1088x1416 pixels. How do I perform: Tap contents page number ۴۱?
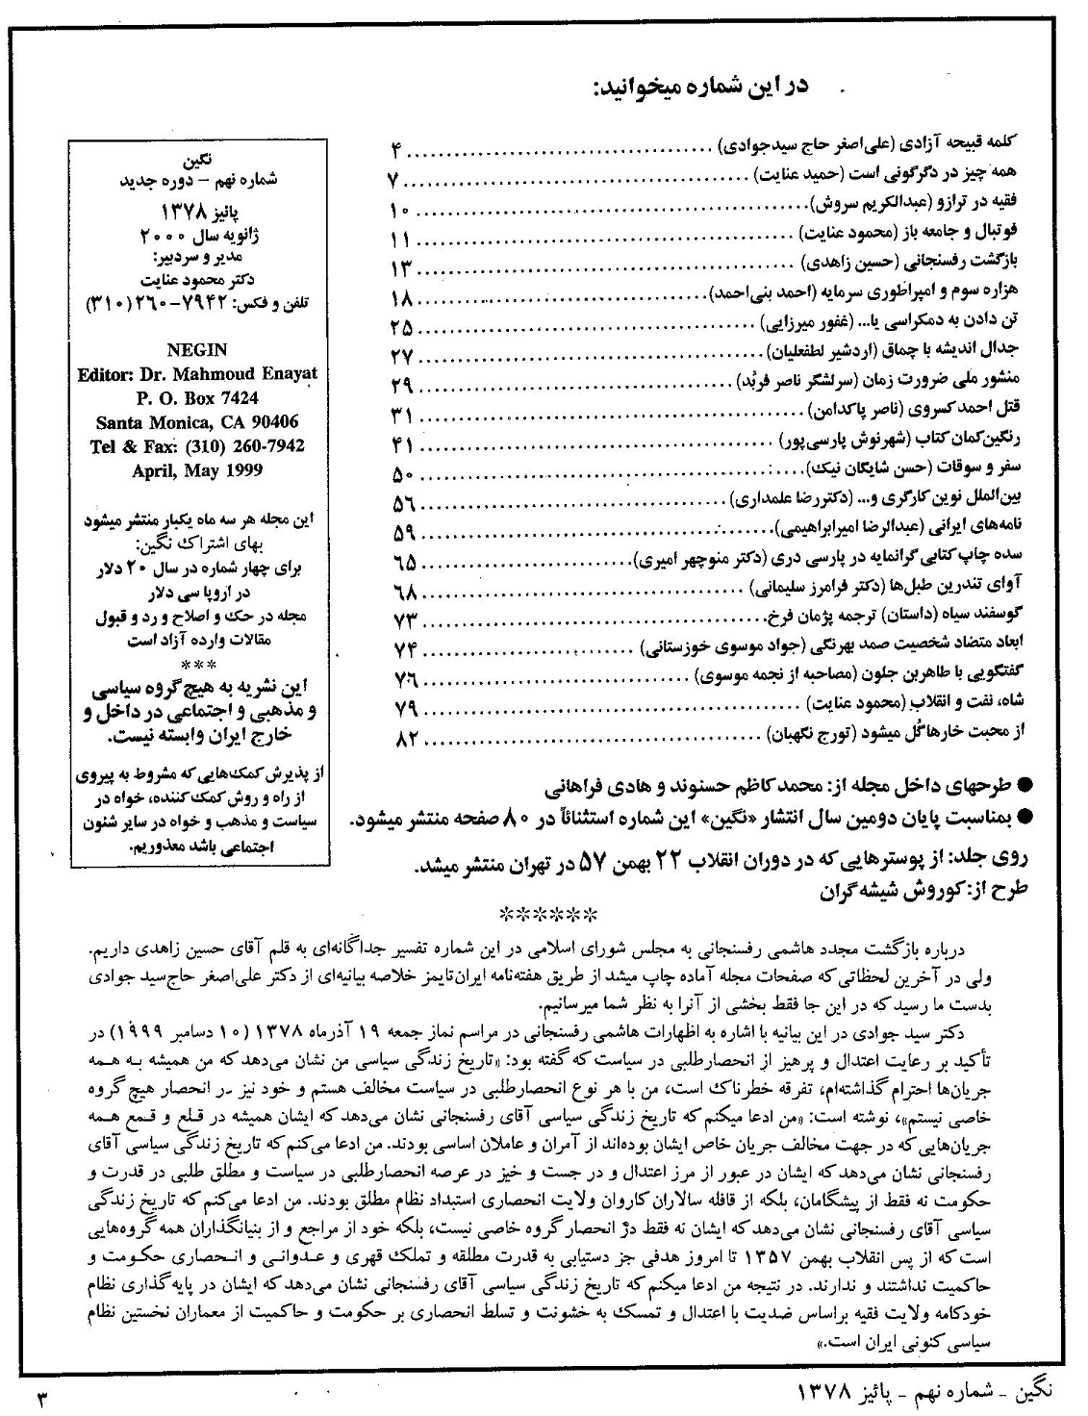[x=401, y=445]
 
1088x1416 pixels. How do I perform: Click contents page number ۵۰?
[x=401, y=474]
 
